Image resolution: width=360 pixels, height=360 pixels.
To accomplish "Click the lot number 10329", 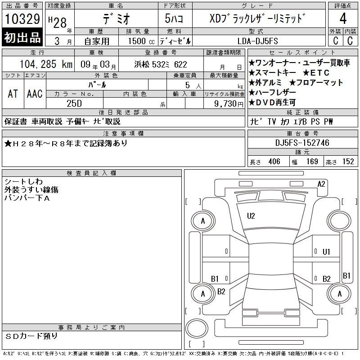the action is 22,18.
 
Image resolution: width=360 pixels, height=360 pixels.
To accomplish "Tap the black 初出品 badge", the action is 22,37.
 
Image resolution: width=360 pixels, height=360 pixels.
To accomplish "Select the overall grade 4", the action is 343,18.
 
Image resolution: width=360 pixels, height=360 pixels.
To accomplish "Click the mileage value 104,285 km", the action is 46,64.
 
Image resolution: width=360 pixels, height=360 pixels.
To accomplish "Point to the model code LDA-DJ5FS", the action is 257,41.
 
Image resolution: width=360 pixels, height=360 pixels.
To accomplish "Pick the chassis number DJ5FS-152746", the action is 302,143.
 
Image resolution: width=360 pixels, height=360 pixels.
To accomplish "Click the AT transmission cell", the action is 13,94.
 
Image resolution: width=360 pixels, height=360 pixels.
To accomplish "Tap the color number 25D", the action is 74,103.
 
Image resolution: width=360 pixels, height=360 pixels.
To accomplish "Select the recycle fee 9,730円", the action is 229,104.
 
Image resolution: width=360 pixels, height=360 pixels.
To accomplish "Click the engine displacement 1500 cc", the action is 141,41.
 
